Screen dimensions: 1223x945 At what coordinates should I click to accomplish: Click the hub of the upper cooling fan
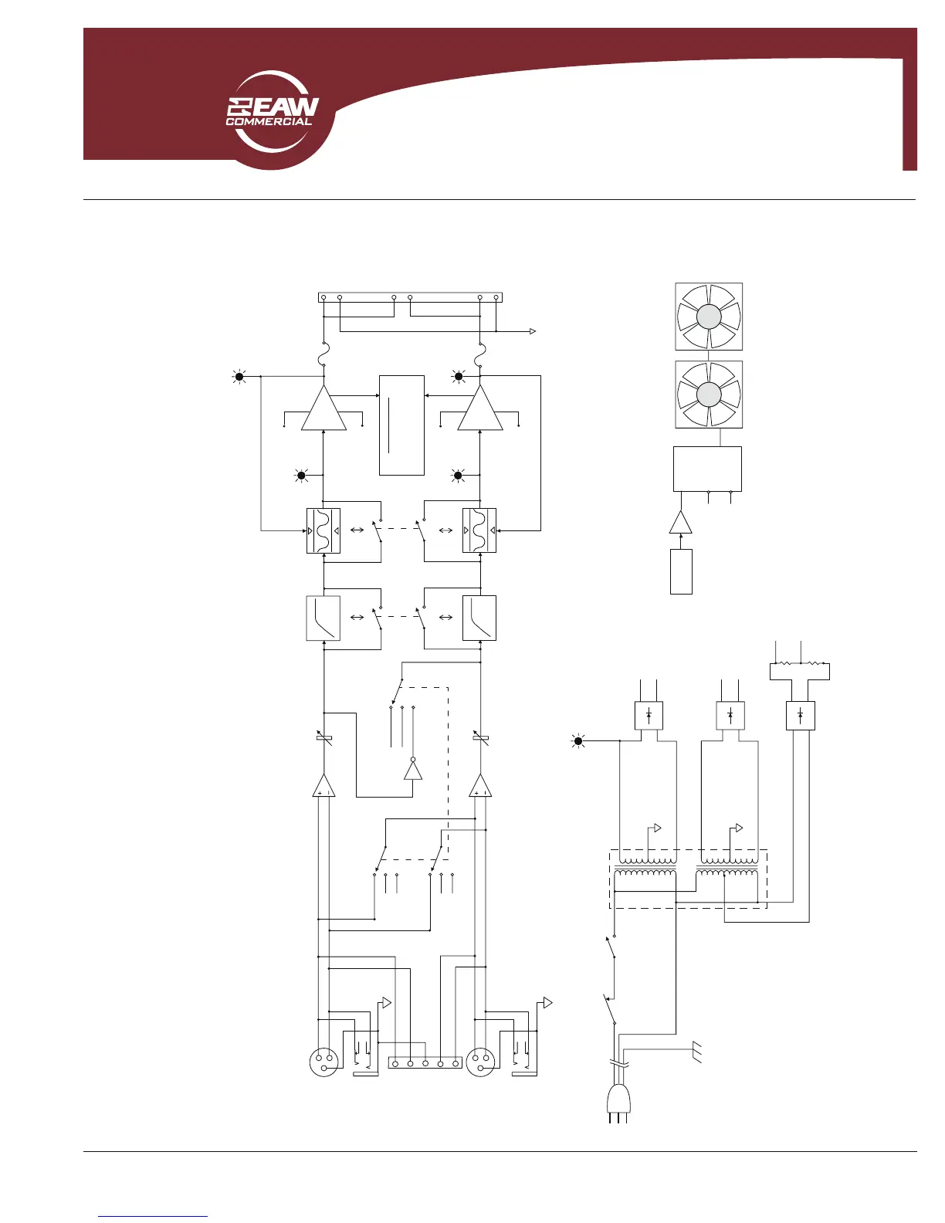(x=709, y=317)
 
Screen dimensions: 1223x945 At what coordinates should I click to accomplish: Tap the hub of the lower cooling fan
(x=709, y=395)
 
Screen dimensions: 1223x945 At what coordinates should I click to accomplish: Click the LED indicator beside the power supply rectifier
(x=577, y=741)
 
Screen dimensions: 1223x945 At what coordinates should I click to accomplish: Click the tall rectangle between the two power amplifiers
(x=401, y=425)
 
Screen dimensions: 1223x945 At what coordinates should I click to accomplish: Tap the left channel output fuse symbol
(x=323, y=355)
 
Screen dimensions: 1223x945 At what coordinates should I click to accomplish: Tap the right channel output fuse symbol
(x=481, y=355)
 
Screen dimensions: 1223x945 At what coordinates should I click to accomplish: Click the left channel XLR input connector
(x=324, y=1062)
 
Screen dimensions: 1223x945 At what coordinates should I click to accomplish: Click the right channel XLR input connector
(x=480, y=1062)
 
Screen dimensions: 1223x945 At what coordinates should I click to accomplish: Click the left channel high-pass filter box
(x=323, y=618)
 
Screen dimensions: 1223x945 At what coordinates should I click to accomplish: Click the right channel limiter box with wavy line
(x=479, y=530)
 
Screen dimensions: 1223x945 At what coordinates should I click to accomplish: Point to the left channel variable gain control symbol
(x=324, y=738)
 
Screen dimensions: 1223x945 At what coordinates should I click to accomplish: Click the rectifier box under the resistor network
(x=800, y=715)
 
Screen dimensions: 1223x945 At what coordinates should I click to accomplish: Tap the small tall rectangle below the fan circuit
(x=681, y=571)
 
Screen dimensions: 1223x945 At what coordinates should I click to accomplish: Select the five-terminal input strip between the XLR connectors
(x=425, y=1063)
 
